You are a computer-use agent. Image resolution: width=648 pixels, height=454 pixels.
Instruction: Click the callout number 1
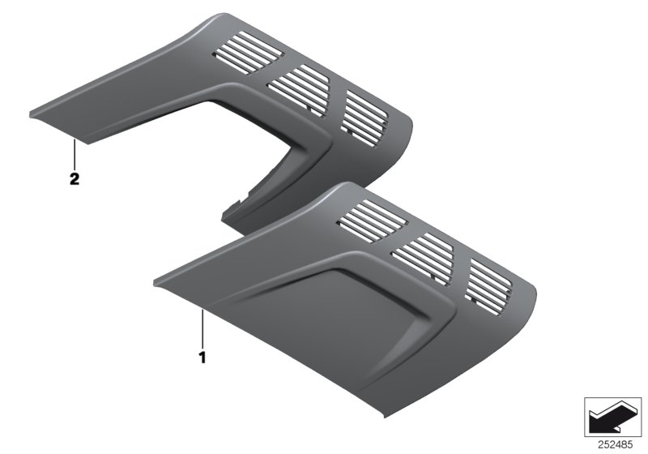click(x=203, y=355)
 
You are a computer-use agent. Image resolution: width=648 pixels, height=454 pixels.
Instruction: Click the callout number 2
click(x=74, y=180)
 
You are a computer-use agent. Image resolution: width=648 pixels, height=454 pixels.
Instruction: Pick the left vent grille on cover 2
click(x=247, y=56)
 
